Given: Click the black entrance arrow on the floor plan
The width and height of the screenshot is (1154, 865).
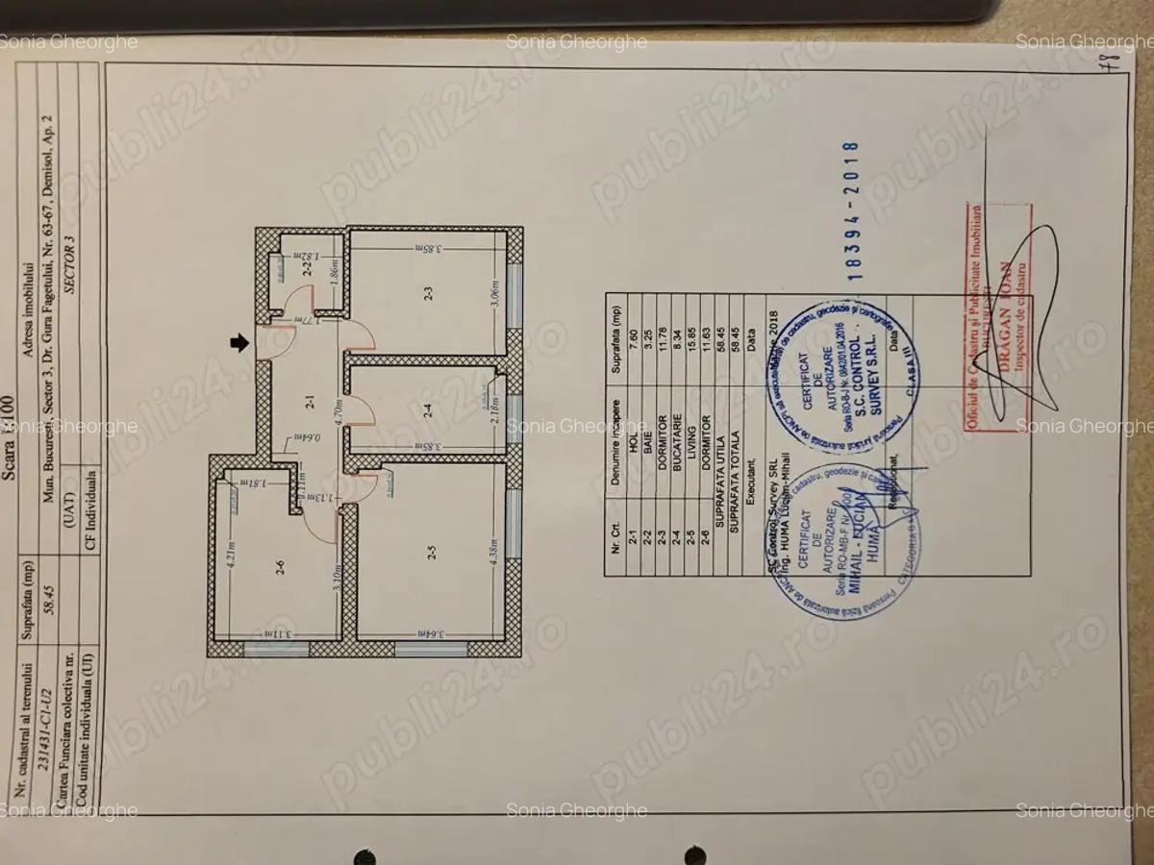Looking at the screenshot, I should pyautogui.click(x=240, y=341).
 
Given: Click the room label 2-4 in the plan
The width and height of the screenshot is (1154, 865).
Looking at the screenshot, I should pyautogui.click(x=428, y=408).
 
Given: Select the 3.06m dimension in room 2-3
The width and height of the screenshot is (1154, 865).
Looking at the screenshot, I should pyautogui.click(x=492, y=292).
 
